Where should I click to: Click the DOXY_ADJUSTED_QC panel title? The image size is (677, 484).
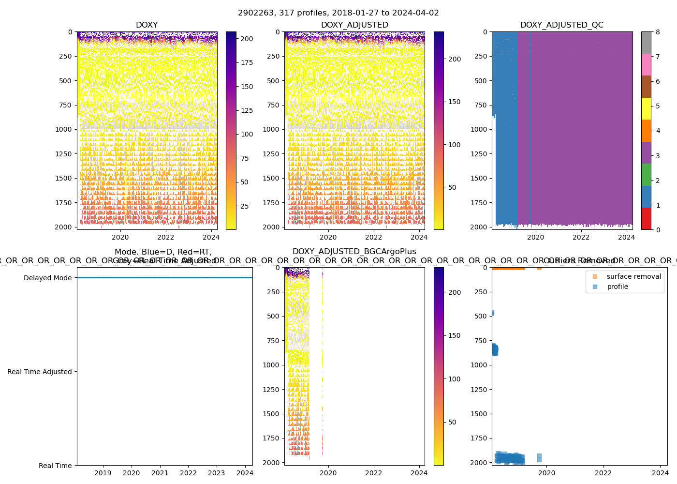coord(561,25)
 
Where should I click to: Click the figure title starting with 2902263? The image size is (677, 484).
coord(338,13)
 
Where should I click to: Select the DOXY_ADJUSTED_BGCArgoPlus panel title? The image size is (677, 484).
coord(354,252)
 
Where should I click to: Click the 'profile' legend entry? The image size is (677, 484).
coord(618,287)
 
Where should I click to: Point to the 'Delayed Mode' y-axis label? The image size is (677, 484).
coord(47,278)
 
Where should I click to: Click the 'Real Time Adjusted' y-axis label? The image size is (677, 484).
coord(39,372)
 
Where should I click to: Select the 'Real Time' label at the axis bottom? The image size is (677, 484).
coord(55,466)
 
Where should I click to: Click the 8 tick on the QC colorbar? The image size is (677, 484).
coord(658,32)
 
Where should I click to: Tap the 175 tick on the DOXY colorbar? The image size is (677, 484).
coord(247,62)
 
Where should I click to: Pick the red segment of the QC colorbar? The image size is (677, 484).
coord(646,218)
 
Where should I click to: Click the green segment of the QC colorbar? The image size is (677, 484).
coord(646,175)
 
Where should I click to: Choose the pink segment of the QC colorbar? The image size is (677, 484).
coord(646,64)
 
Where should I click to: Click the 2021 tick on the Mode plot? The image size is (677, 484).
coord(160,473)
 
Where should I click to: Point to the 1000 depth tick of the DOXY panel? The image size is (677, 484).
coord(65,129)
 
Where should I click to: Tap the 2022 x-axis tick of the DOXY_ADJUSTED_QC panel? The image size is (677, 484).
coord(581,237)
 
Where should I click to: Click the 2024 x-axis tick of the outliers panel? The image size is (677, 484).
coord(660,473)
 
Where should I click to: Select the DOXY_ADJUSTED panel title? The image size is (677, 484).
coord(354,25)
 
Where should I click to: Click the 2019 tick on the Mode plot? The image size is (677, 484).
coord(103,473)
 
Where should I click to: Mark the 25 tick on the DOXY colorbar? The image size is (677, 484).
coord(244,206)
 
